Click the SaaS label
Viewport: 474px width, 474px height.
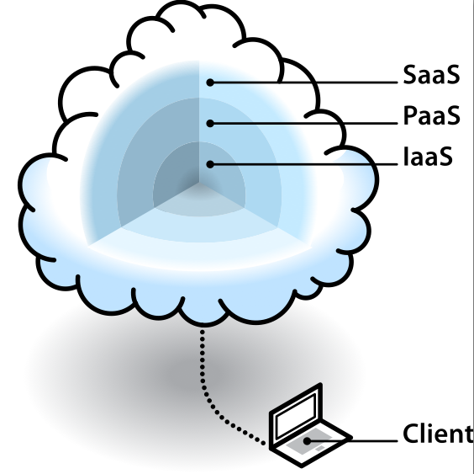pyautogui.click(x=431, y=74)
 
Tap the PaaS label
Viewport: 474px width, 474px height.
pyautogui.click(x=432, y=115)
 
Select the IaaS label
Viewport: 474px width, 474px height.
pyautogui.click(x=428, y=157)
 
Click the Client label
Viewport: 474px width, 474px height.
pyautogui.click(x=439, y=434)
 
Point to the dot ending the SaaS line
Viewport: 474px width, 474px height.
pyautogui.click(x=210, y=83)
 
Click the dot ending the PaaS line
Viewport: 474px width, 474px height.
pyautogui.click(x=210, y=123)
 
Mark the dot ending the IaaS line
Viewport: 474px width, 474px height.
pyautogui.click(x=210, y=164)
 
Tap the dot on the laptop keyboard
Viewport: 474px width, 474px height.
pyautogui.click(x=307, y=441)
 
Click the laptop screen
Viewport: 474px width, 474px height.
pyautogui.click(x=296, y=415)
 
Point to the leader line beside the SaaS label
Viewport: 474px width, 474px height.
pyautogui.click(x=303, y=83)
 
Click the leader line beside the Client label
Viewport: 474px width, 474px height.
pyautogui.click(x=352, y=441)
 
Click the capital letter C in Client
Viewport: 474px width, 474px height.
pyautogui.click(x=412, y=434)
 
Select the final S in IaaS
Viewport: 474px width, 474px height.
pyautogui.click(x=445, y=157)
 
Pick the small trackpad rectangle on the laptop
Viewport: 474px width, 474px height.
pyautogui.click(x=320, y=448)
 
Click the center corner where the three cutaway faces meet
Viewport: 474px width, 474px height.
pyautogui.click(x=199, y=183)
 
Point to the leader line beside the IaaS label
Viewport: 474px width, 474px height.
pyautogui.click(x=303, y=164)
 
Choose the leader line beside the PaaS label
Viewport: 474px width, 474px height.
pyautogui.click(x=303, y=123)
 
